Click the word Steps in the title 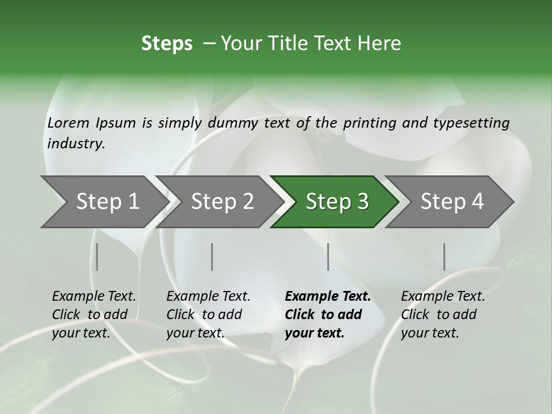[x=167, y=44]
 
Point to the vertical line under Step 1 [x=97, y=256]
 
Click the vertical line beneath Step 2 [x=212, y=256]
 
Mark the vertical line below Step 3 [x=328, y=256]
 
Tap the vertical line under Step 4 [x=444, y=256]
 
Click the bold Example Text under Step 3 [x=328, y=297]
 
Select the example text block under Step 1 [x=94, y=315]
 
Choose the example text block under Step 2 [x=208, y=315]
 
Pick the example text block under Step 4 [x=443, y=315]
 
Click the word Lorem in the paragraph [x=68, y=123]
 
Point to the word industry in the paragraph [x=76, y=144]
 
